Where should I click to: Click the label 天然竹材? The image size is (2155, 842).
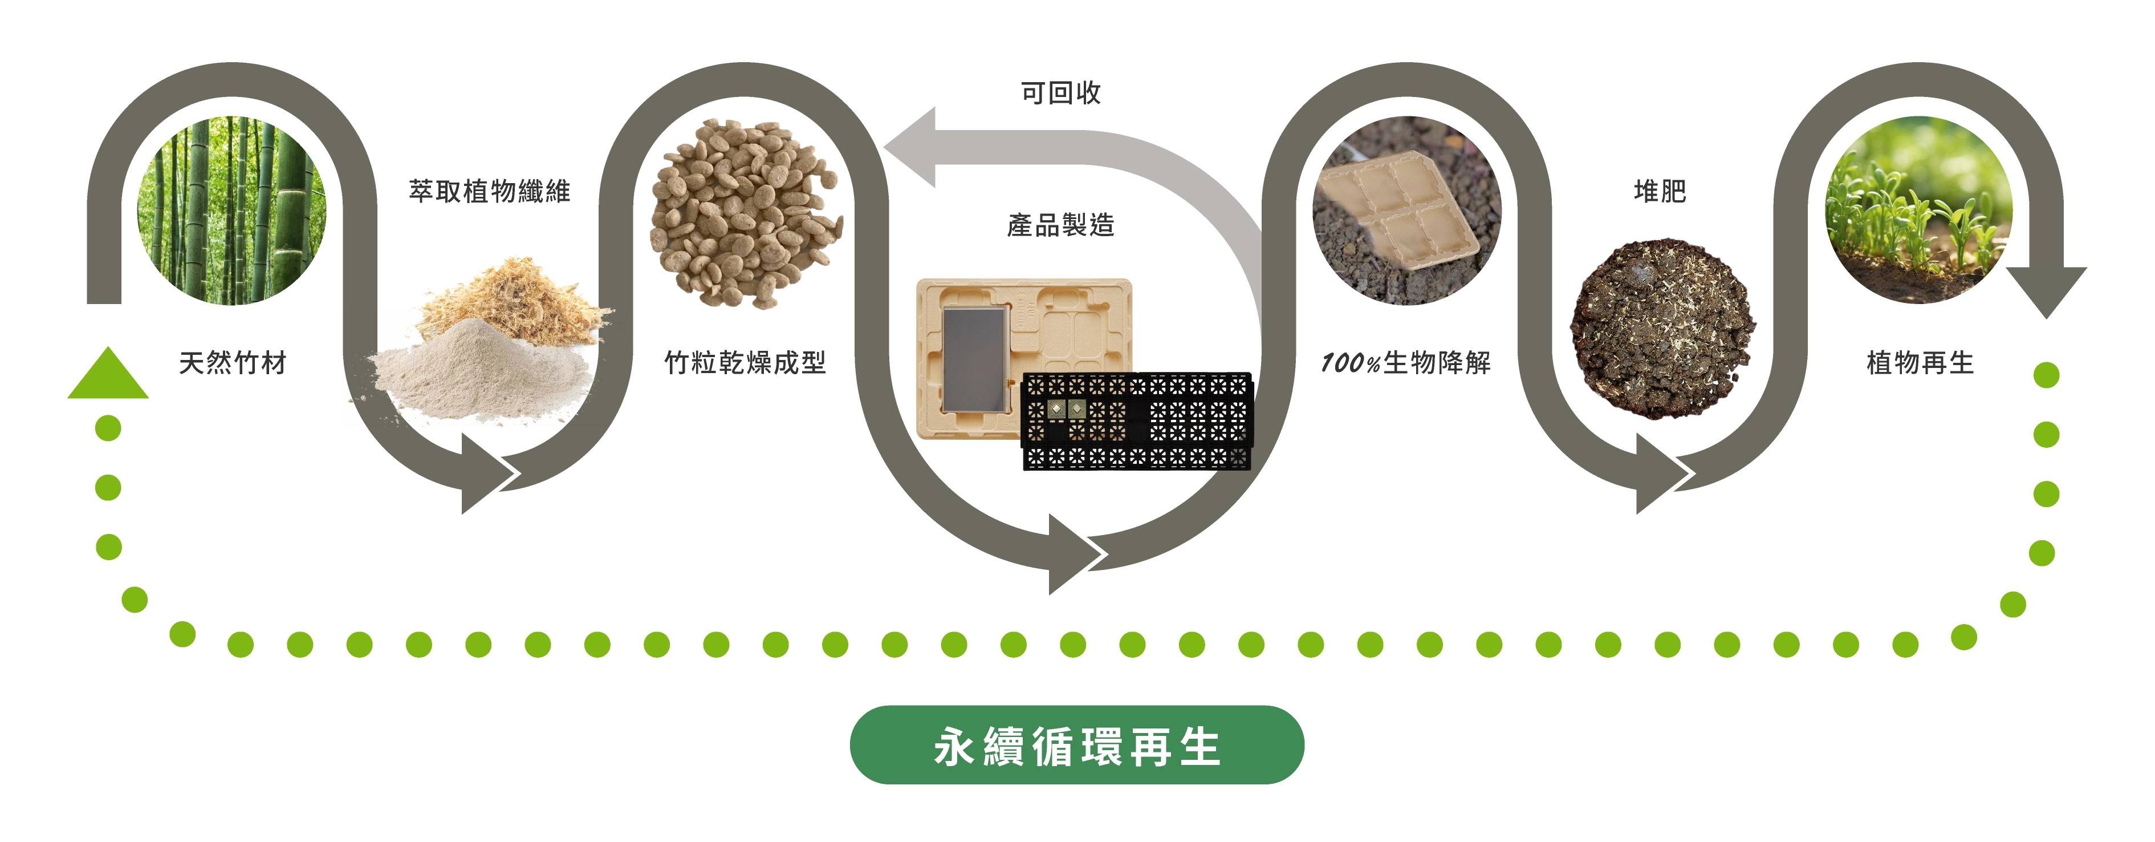[x=233, y=363]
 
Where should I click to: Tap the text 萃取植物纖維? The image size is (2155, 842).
[x=489, y=192]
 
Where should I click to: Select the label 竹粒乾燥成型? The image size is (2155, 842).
[x=745, y=363]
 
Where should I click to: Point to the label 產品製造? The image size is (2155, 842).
[x=1061, y=225]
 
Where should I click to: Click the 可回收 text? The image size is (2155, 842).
[x=1061, y=93]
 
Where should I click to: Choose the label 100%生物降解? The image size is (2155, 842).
[x=1405, y=363]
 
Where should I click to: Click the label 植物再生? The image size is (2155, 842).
[x=1920, y=363]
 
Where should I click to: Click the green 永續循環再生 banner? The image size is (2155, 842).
[x=1077, y=745]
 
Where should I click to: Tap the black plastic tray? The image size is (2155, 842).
[x=1136, y=421]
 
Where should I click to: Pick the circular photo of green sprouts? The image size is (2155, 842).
[x=1919, y=210]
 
